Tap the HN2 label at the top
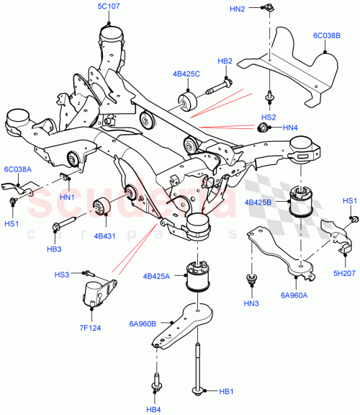[x=238, y=8]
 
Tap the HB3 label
[x=55, y=249]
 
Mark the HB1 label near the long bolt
[x=226, y=392]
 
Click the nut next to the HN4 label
[x=264, y=128]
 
